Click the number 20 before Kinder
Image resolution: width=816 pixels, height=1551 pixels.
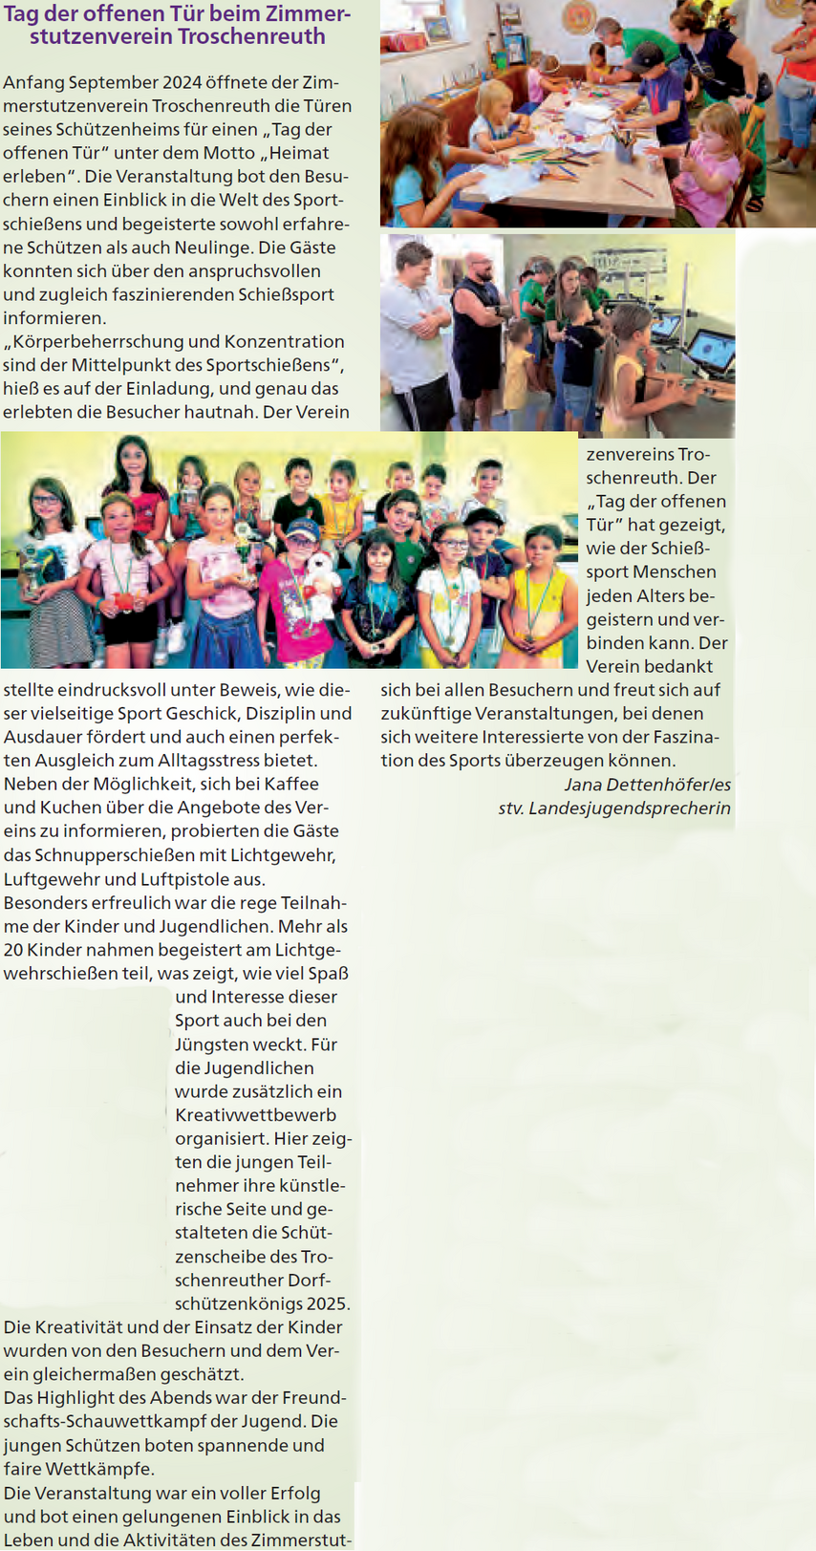point(13,950)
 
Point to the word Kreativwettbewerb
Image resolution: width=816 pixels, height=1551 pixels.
point(255,1114)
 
